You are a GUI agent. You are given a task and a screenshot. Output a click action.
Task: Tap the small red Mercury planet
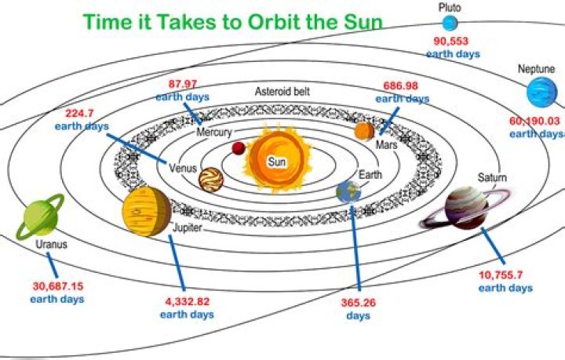[239, 148]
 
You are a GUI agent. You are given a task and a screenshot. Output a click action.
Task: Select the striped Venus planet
[210, 180]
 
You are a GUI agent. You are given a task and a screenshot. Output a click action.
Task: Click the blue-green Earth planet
[348, 191]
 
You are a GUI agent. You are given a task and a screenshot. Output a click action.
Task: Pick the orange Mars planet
[364, 130]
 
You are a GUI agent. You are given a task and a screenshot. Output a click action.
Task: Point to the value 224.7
[81, 114]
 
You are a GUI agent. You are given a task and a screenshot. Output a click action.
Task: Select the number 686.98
[403, 86]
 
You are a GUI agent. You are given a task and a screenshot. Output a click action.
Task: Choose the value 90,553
[451, 41]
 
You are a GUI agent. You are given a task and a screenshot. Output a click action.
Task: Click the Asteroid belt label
[282, 92]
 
